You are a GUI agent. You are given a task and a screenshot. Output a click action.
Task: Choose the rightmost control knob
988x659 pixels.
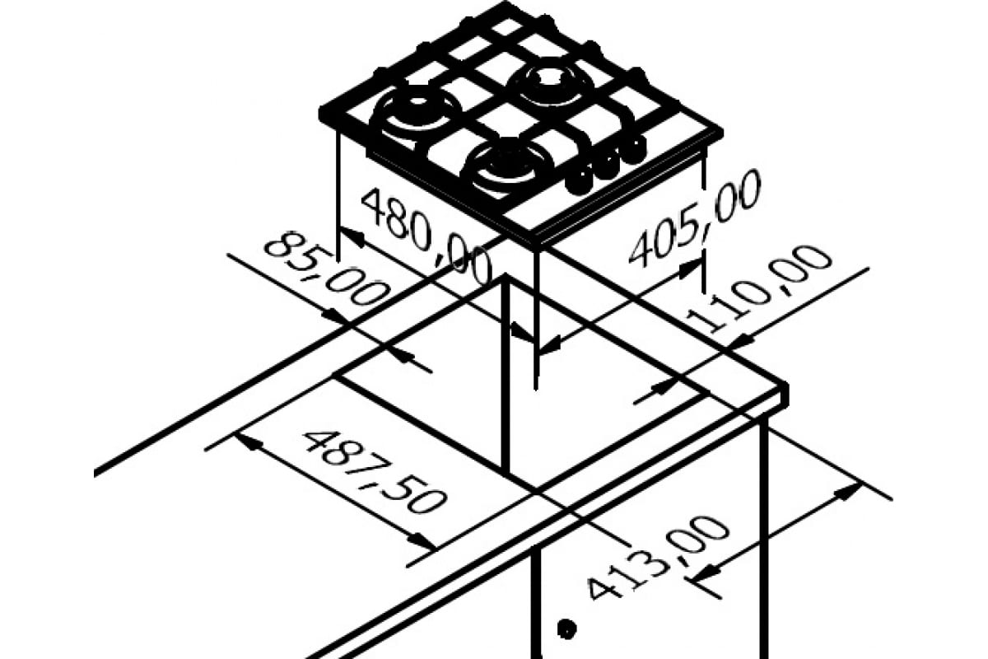[x=632, y=150]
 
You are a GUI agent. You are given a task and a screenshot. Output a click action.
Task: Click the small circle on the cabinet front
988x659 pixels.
[x=564, y=630]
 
